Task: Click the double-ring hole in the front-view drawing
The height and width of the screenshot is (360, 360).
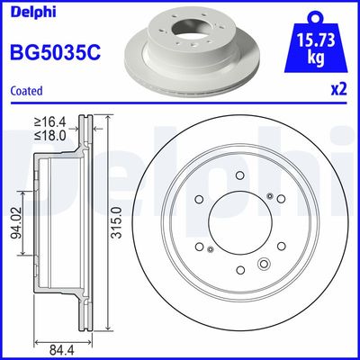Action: click(265, 264)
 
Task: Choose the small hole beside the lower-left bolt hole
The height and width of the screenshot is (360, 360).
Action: click(209, 249)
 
